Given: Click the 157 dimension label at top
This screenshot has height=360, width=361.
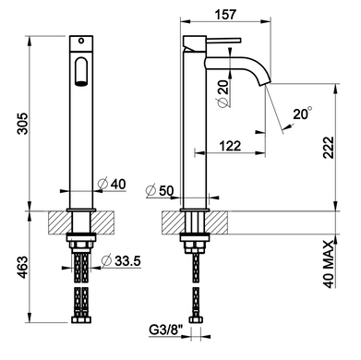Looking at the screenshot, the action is (225, 14).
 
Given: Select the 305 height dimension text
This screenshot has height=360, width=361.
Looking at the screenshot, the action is (22, 124).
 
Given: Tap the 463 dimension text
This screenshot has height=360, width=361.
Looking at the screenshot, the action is (22, 267).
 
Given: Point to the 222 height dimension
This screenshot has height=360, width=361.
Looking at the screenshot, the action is (329, 147).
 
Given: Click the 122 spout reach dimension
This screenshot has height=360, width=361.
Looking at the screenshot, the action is (230, 146).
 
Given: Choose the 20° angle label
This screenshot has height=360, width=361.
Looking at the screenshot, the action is (303, 114).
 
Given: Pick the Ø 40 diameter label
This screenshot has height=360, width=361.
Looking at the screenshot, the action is (112, 184).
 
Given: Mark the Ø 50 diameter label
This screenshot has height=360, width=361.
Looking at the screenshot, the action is (160, 191).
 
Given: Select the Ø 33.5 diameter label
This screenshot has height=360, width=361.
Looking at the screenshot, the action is (121, 261).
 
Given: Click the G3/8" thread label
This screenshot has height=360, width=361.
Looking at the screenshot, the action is (166, 330).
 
